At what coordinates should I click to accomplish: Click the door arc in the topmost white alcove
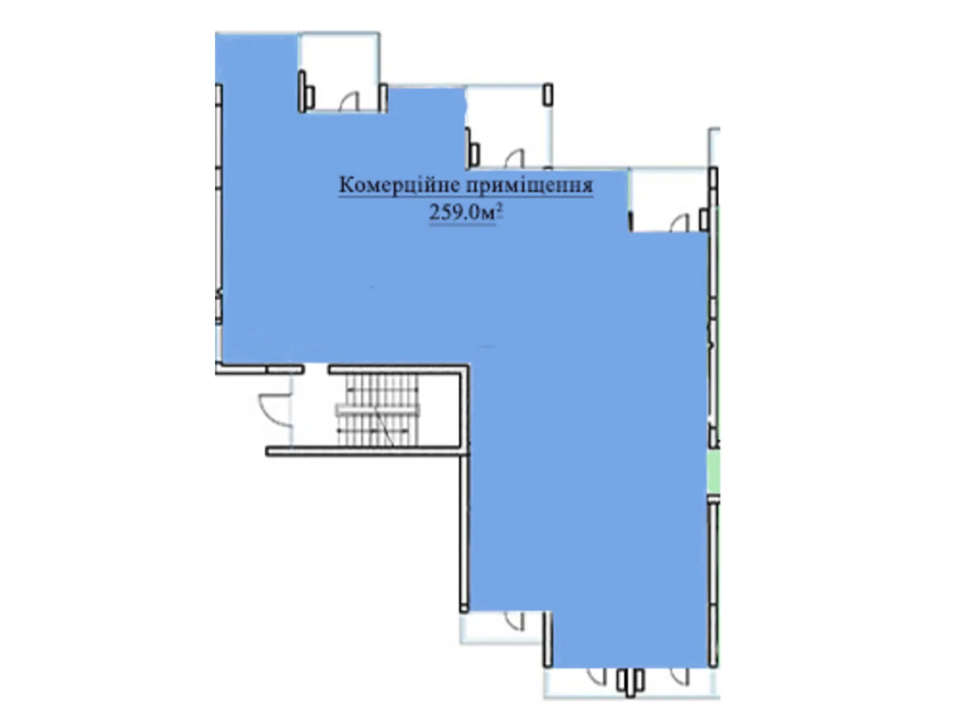tap(350, 102)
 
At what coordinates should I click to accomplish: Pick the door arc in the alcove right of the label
tap(680, 222)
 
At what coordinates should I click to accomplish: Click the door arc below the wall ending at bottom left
tap(514, 621)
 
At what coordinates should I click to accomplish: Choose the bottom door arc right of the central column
tap(680, 676)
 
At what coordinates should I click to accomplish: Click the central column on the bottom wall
tap(630, 682)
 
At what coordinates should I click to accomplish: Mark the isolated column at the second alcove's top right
tap(548, 94)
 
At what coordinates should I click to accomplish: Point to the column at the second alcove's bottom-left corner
tap(473, 151)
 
